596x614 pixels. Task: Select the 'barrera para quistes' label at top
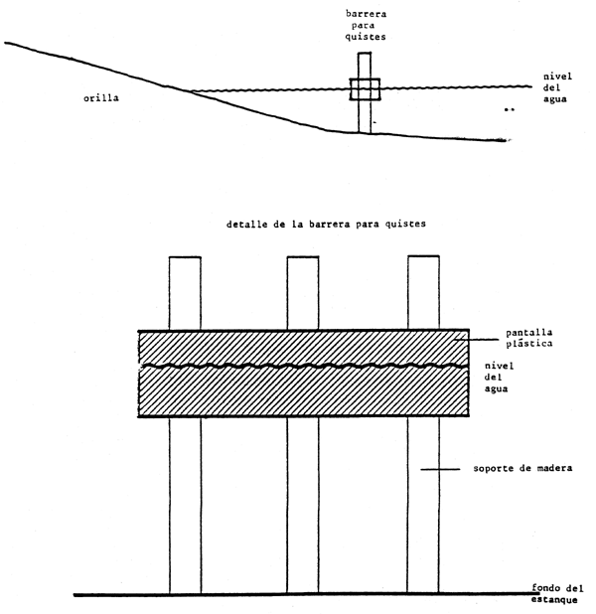point(366,27)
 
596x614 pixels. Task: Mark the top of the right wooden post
point(424,258)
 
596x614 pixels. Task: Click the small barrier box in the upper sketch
point(365,89)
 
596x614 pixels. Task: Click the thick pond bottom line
point(298,595)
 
